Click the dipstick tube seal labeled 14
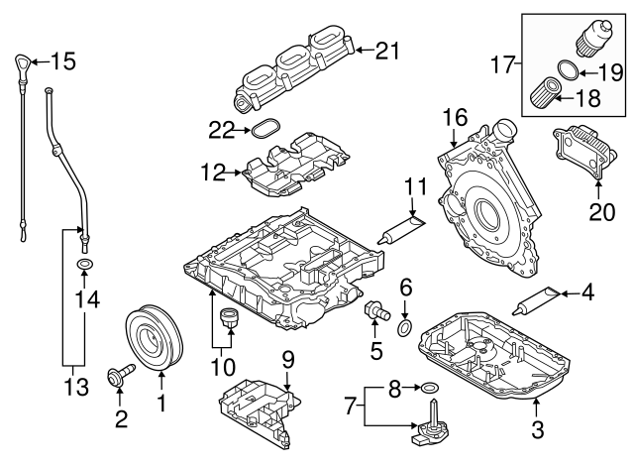pos(85,265)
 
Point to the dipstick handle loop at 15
pos(22,66)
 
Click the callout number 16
pos(454,117)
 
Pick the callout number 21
pos(384,50)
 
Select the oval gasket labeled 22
pos(264,129)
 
